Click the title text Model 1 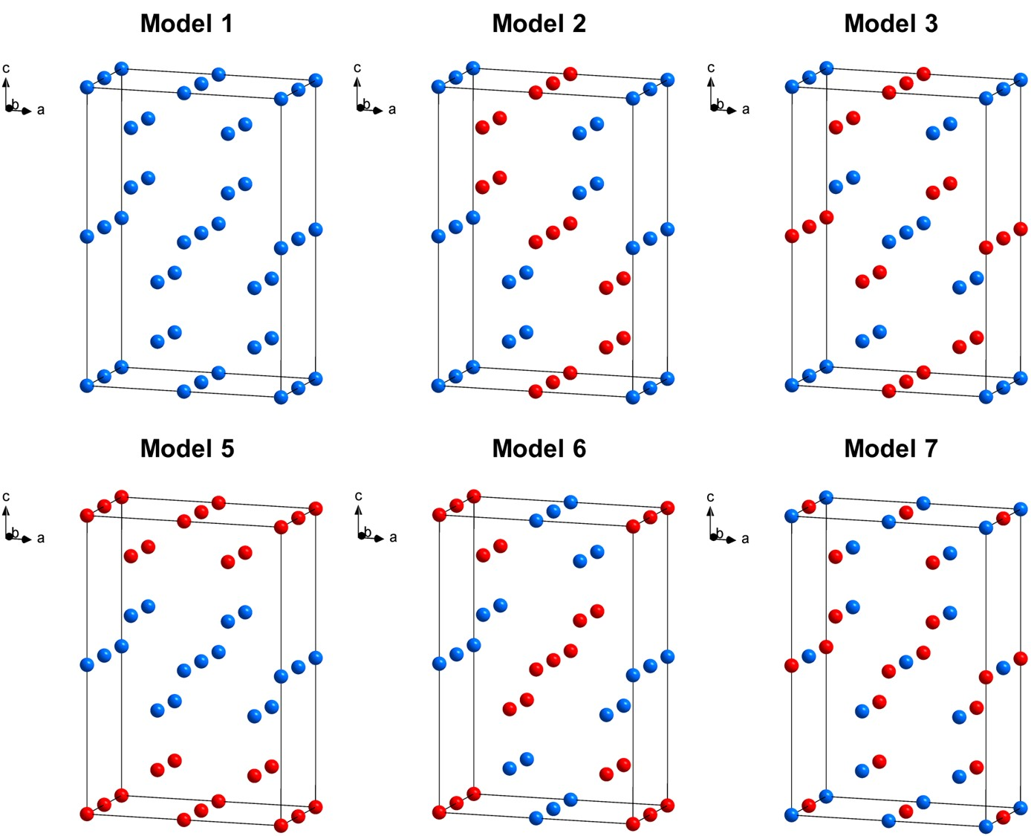[186, 23]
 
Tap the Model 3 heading [891, 23]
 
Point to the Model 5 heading [187, 448]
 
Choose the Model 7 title [891, 448]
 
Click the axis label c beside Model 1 [6, 68]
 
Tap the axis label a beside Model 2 [392, 110]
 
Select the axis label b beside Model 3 [721, 104]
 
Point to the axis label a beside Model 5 [41, 538]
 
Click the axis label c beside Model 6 [358, 496]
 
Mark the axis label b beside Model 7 [720, 533]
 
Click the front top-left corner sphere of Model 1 [87, 87]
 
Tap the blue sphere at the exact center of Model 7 [905, 661]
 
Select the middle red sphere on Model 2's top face [553, 83]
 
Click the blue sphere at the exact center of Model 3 [905, 233]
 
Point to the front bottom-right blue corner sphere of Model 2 [633, 398]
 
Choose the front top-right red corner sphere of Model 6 [633, 526]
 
